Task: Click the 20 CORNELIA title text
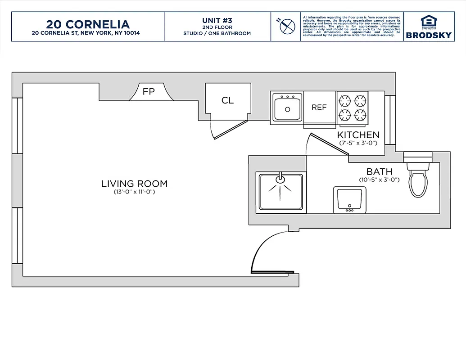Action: click(x=87, y=24)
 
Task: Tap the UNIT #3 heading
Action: click(x=217, y=20)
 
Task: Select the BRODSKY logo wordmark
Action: click(x=429, y=35)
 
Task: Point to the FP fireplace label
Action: click(x=149, y=92)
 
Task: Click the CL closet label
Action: click(x=227, y=100)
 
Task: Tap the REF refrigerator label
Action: click(x=319, y=108)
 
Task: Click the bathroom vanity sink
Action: click(x=348, y=198)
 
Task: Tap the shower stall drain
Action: click(x=280, y=179)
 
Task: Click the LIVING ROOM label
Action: click(x=134, y=184)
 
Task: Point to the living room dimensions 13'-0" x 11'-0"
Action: click(x=134, y=192)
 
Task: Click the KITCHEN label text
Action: click(x=358, y=135)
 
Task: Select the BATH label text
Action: click(x=379, y=171)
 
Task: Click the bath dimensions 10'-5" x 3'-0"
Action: click(x=379, y=180)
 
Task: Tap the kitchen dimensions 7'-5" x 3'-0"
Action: click(x=358, y=143)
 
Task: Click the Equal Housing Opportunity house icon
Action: click(x=429, y=22)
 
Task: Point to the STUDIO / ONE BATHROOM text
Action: click(x=217, y=33)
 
